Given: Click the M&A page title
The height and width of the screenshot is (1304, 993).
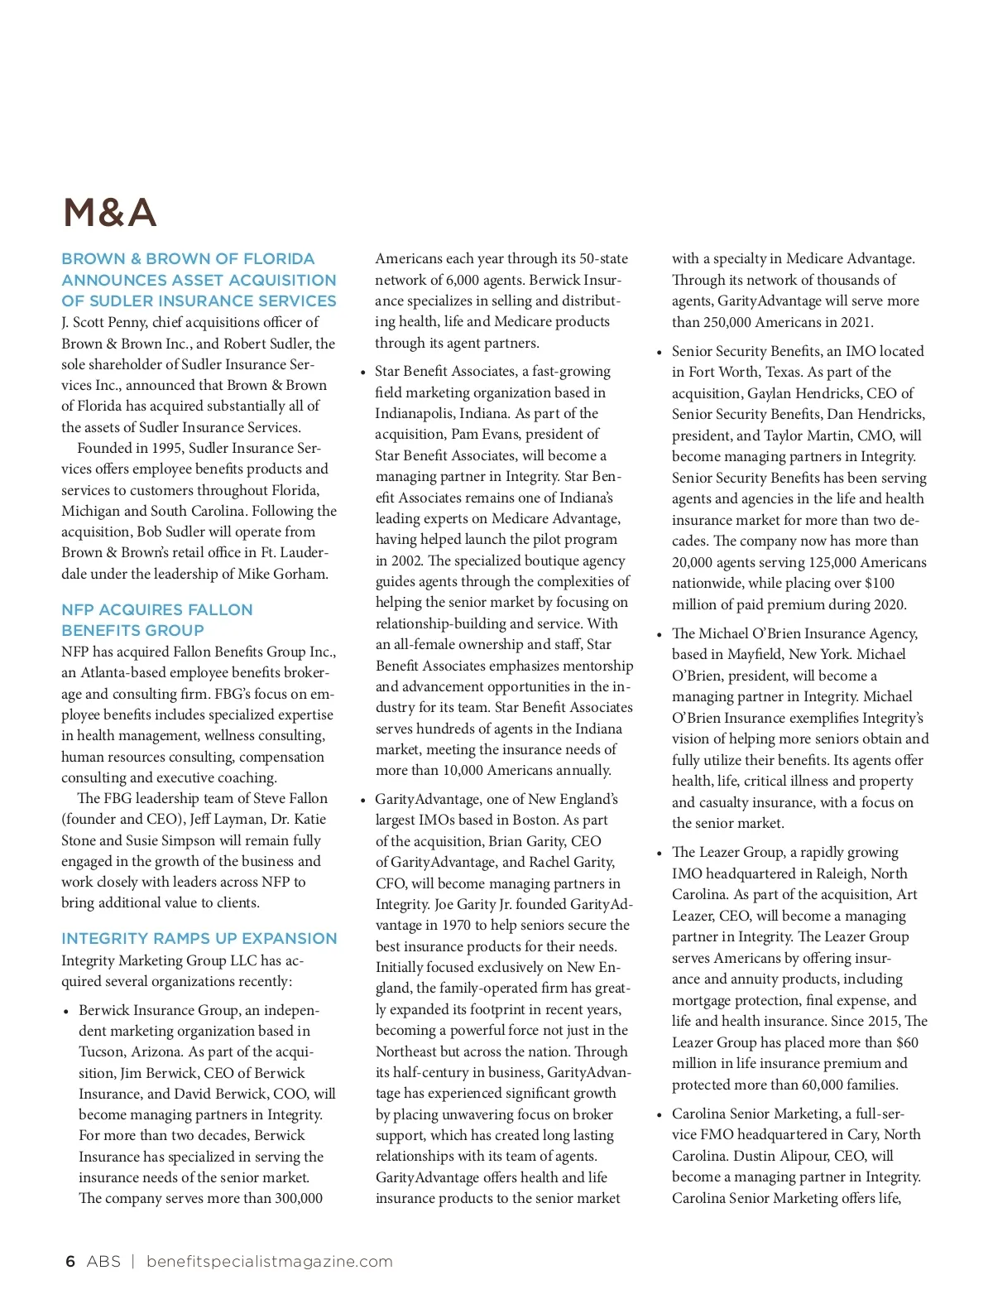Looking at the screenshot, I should coord(110,213).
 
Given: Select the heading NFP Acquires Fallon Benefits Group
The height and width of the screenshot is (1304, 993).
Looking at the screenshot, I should coord(156,619).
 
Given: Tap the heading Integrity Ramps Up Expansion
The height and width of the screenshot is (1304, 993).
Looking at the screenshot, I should coord(199,938).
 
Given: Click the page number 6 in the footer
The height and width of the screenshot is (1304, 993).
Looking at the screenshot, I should coord(70,1261).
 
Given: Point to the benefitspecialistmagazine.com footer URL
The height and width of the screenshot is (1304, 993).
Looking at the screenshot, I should coord(269,1261).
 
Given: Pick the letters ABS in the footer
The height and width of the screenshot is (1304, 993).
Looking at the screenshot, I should coord(103,1261).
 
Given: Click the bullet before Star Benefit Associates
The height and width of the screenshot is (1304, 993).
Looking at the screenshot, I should coord(362,373).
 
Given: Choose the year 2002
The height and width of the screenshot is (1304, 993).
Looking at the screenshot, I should coord(406,561).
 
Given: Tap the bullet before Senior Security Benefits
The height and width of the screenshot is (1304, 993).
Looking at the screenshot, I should coord(660,353).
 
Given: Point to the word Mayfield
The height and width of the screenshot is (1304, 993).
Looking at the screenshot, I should coord(754,654).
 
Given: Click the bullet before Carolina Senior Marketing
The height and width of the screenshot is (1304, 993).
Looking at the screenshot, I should coord(660,1115).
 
